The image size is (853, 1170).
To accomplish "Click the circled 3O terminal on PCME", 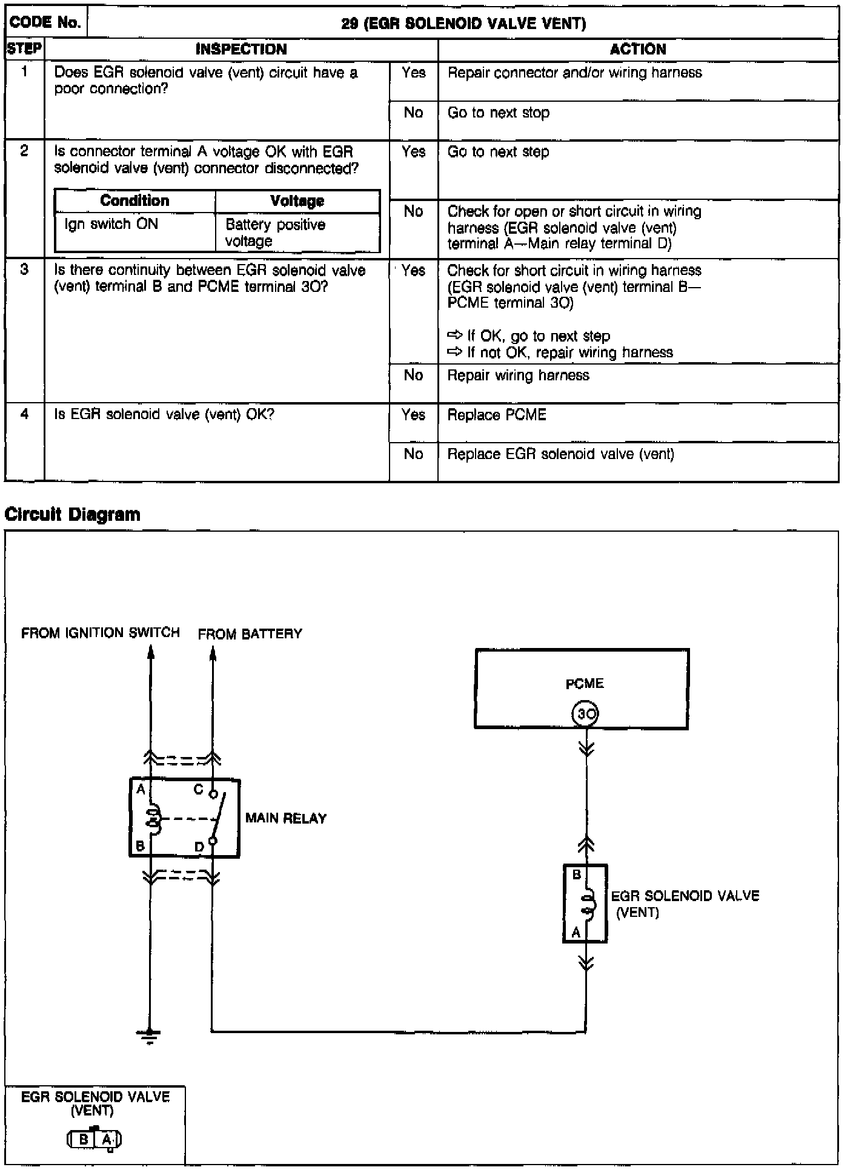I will (585, 715).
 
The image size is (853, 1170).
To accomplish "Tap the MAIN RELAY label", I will (286, 819).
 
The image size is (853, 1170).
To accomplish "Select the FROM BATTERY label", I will (250, 634).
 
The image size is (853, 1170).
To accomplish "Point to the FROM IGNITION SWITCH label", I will (101, 633).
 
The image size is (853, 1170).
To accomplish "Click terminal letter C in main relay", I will (198, 790).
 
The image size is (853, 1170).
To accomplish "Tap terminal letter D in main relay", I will (199, 847).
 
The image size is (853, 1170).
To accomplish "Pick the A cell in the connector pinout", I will (107, 1140).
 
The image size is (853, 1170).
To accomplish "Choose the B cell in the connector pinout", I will (84, 1140).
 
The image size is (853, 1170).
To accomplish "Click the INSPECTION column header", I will (241, 50).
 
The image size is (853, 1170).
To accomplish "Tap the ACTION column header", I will (638, 50).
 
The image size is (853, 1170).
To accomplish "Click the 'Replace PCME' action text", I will (497, 415).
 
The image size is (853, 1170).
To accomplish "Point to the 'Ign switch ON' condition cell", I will (111, 224).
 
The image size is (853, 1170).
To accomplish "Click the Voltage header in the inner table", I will (297, 201).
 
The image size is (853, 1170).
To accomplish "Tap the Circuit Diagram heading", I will (73, 515).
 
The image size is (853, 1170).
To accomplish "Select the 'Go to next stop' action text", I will (499, 113).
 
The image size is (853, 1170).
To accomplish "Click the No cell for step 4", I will (413, 454).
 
